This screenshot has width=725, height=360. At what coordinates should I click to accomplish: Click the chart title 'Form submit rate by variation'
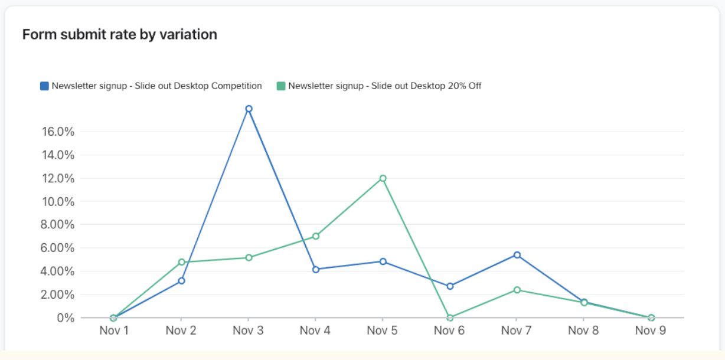tap(120, 35)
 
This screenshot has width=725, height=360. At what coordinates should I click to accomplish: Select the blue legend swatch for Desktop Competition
tap(44, 86)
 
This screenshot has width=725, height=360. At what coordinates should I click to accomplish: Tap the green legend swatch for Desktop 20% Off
tap(281, 86)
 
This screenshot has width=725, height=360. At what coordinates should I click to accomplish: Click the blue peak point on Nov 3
tap(249, 109)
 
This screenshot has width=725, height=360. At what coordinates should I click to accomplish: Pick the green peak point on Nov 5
tap(383, 178)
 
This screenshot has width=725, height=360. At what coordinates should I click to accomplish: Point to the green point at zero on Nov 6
tap(450, 318)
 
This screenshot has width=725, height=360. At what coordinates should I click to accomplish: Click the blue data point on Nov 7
tap(517, 255)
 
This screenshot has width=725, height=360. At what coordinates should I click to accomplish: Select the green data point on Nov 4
tap(316, 236)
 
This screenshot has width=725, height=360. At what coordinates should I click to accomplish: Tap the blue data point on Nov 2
tap(181, 280)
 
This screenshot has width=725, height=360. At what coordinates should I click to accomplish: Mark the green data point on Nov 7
tap(517, 290)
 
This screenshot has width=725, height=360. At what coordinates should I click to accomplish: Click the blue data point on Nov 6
tap(450, 286)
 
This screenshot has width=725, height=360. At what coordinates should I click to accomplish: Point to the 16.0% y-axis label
tap(58, 132)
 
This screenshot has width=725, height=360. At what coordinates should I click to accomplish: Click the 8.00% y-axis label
tap(58, 225)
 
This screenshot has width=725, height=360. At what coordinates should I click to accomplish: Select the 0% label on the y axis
tap(66, 318)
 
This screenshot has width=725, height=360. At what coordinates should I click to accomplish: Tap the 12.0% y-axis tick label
tap(58, 178)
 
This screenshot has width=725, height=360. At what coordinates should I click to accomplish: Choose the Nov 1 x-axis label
tap(114, 330)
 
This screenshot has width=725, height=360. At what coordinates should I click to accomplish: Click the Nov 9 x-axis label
tap(651, 330)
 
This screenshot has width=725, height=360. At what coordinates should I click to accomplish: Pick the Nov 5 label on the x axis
tap(383, 330)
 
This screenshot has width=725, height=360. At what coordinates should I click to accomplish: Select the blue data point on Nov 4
tap(316, 269)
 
